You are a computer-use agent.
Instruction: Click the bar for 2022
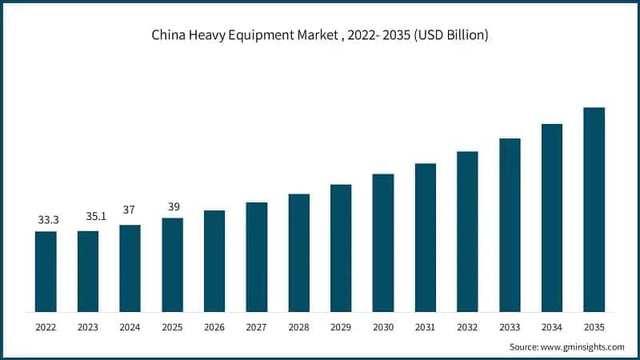46,271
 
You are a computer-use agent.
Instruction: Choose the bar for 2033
510,225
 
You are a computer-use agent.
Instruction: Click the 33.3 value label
48,218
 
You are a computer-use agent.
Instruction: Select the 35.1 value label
89,216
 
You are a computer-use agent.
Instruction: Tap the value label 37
130,210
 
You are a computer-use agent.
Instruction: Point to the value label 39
172,206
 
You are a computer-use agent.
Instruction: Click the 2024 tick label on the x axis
130,327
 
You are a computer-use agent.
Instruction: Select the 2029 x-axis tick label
341,327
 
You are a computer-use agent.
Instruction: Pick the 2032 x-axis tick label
467,327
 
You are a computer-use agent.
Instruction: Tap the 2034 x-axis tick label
552,327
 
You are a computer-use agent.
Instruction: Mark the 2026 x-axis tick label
214,327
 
